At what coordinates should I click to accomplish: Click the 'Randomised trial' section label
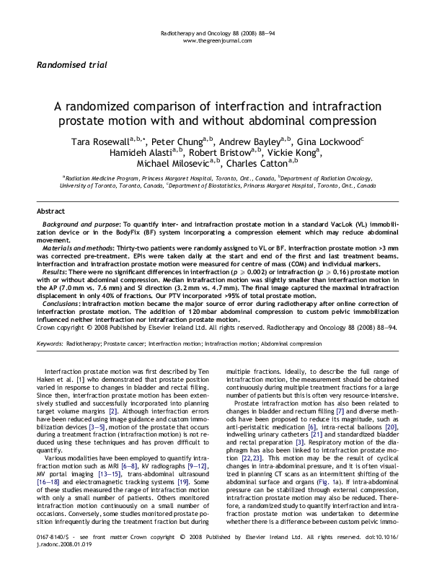pos(71,65)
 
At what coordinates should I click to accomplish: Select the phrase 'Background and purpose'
pos(79,226)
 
